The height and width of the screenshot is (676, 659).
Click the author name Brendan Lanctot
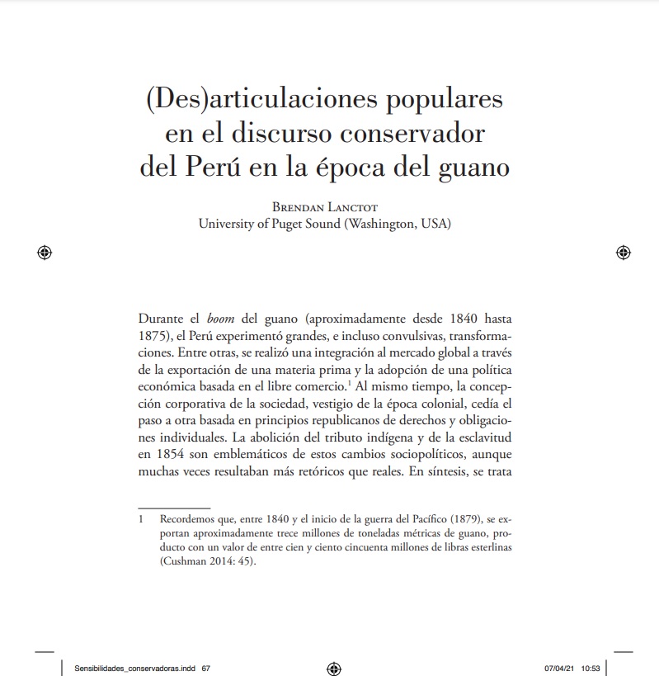point(325,207)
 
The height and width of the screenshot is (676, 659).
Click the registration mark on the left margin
point(45,253)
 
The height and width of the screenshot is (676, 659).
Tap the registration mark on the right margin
point(624,253)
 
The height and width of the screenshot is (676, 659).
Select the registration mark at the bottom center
point(334,668)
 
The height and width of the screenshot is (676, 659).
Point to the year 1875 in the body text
point(155,336)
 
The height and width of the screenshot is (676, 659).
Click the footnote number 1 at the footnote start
point(141,521)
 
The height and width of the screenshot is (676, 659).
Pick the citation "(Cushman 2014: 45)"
point(207,560)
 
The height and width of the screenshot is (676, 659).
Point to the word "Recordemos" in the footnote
point(186,521)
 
